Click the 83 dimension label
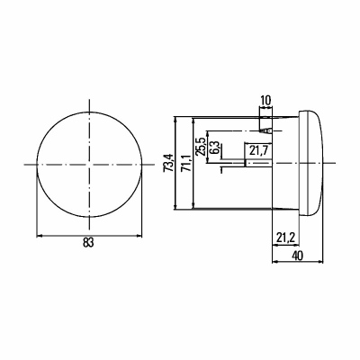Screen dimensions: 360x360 click(88, 242)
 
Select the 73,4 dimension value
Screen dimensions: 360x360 click(168, 163)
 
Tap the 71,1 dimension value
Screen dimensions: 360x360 click(186, 164)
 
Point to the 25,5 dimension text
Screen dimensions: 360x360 click(200, 147)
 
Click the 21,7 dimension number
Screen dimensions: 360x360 click(258, 150)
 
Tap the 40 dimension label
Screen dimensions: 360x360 click(297, 256)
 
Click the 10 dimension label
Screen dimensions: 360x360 click(265, 100)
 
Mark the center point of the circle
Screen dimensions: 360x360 click(89, 164)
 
